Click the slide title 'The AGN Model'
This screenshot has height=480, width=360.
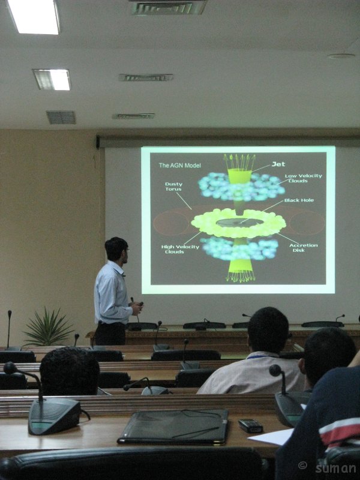click(179, 166)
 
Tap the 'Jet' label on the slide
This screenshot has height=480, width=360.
click(278, 164)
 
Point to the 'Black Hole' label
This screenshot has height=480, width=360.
click(299, 200)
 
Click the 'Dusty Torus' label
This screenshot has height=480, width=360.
click(173, 187)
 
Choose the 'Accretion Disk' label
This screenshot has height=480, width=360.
click(304, 248)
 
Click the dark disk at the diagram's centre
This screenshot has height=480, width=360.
click(239, 223)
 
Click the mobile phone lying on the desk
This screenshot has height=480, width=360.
click(250, 425)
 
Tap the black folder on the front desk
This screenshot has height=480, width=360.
click(173, 427)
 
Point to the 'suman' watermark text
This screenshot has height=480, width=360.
click(335, 468)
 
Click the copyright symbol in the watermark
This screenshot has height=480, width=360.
click(302, 466)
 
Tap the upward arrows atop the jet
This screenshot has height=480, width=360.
click(239, 161)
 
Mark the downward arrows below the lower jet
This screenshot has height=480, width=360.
click(241, 277)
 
